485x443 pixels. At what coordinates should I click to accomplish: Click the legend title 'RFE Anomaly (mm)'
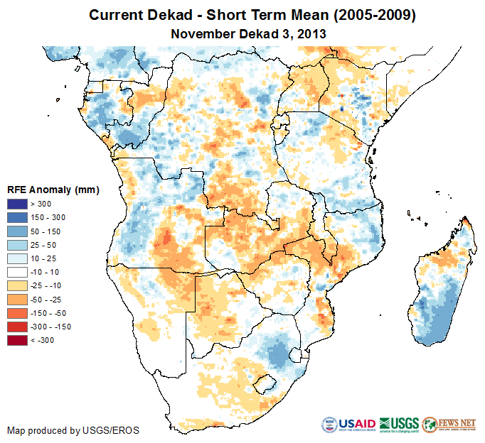tap(53, 190)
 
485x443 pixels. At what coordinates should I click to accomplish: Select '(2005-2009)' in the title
tap(371, 15)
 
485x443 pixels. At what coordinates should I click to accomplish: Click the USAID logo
tap(348, 425)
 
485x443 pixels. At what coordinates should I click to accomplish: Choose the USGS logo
tap(398, 425)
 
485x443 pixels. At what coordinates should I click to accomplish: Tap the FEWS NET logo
tap(449, 425)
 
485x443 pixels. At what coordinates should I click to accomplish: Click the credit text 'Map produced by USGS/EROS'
tap(73, 430)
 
